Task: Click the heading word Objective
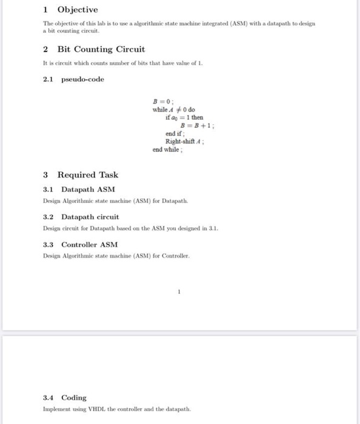click(77, 10)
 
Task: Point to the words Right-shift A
click(184, 141)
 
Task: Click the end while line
click(167, 149)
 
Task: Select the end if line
click(174, 133)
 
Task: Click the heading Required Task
click(88, 175)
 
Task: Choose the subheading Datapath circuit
click(90, 217)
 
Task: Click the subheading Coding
click(73, 398)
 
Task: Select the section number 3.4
click(48, 398)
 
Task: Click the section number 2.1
click(48, 79)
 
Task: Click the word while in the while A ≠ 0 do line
click(159, 110)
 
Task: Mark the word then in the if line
click(197, 118)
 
